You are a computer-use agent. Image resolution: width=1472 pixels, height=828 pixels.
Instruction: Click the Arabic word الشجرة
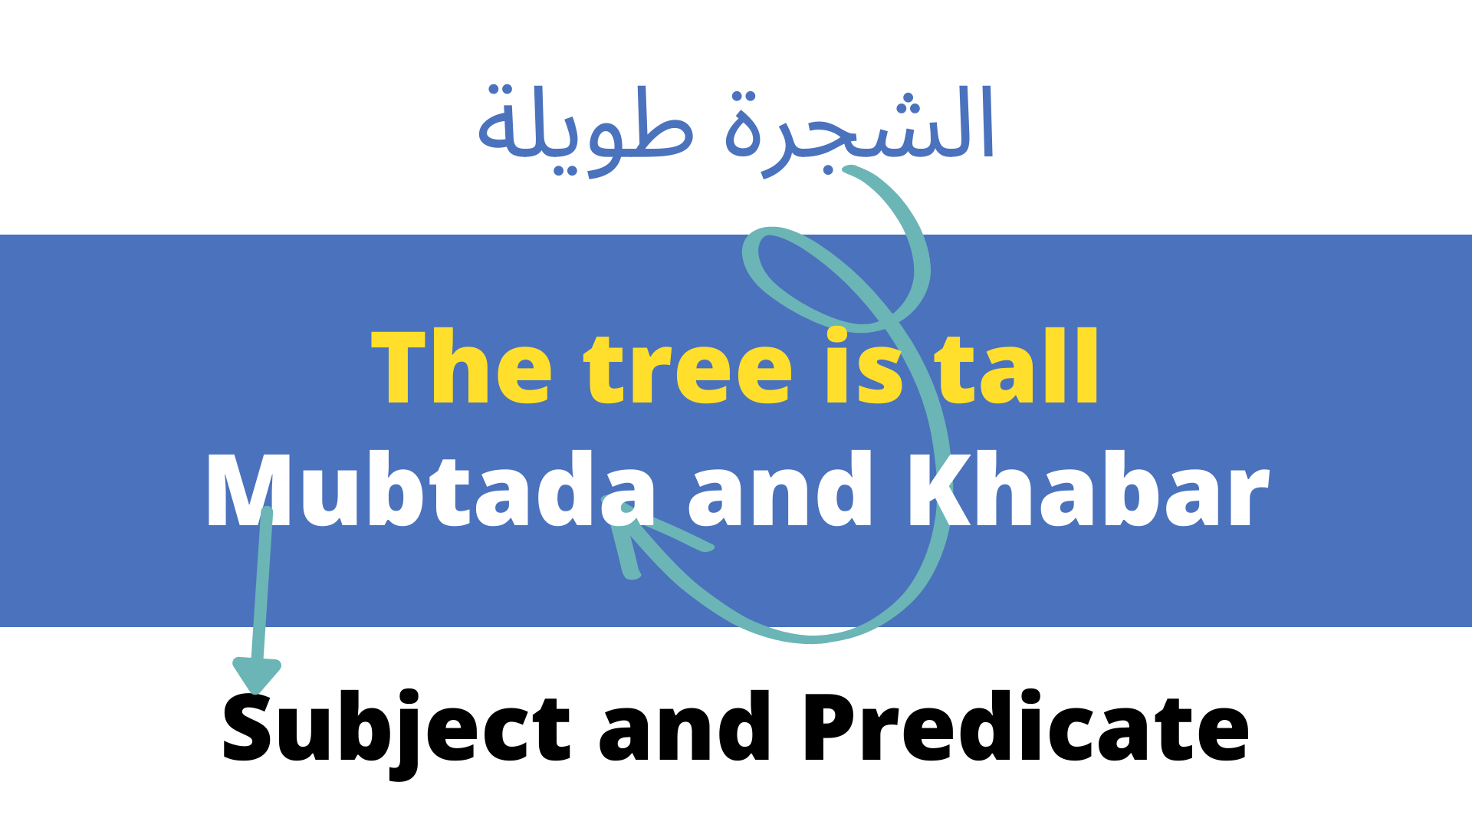[x=859, y=127]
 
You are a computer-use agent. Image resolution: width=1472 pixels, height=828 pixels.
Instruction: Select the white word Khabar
[x=1089, y=491]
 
